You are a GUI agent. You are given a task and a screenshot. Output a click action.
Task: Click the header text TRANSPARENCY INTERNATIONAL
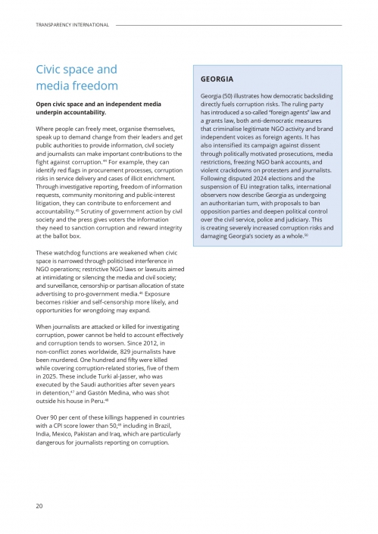pyautogui.click(x=72, y=25)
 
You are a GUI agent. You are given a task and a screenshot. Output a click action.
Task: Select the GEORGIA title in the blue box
pyautogui.click(x=217, y=79)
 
